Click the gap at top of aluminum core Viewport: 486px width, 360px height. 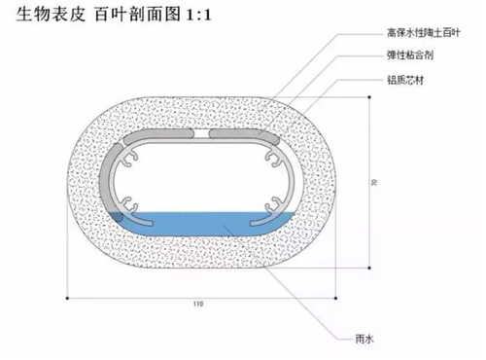(199, 133)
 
